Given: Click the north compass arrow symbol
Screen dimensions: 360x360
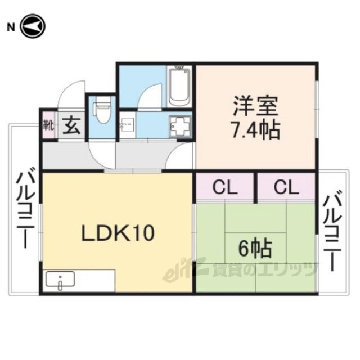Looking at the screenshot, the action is coord(33,26).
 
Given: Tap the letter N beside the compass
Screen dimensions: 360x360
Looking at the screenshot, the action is coord(11,28).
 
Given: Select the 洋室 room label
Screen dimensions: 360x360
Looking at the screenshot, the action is coord(255,106).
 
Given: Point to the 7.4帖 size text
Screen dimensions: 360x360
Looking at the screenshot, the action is coord(255,130).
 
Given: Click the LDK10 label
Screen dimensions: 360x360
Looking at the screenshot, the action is coord(118,233).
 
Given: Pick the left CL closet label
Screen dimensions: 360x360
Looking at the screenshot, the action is coord(225,187).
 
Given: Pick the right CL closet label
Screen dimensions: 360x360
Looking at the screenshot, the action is coord(286,187).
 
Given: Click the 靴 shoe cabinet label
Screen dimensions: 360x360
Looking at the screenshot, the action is coord(49,125).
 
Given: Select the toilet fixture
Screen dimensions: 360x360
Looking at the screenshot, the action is coord(102,110).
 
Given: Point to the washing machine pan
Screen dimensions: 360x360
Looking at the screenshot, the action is coord(180,127).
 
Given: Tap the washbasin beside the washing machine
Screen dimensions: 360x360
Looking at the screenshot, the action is coord(127,125).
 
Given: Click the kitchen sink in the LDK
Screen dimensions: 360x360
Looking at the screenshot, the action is coord(60,279).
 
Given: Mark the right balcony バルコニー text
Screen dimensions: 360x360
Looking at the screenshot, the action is coord(332,230).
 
